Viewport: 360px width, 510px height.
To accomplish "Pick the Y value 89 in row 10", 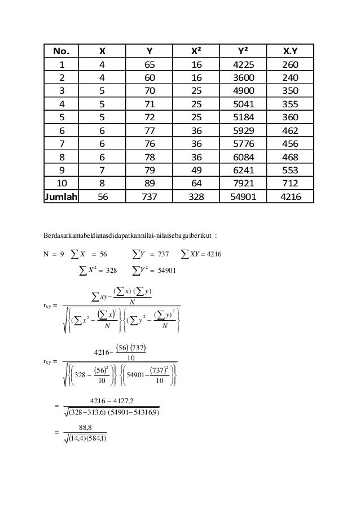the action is [148, 183].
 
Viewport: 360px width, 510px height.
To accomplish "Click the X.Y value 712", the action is [292, 183].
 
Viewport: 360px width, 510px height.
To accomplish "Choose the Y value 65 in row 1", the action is [148, 66].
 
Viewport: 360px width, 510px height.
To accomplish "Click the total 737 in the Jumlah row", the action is [148, 198].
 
